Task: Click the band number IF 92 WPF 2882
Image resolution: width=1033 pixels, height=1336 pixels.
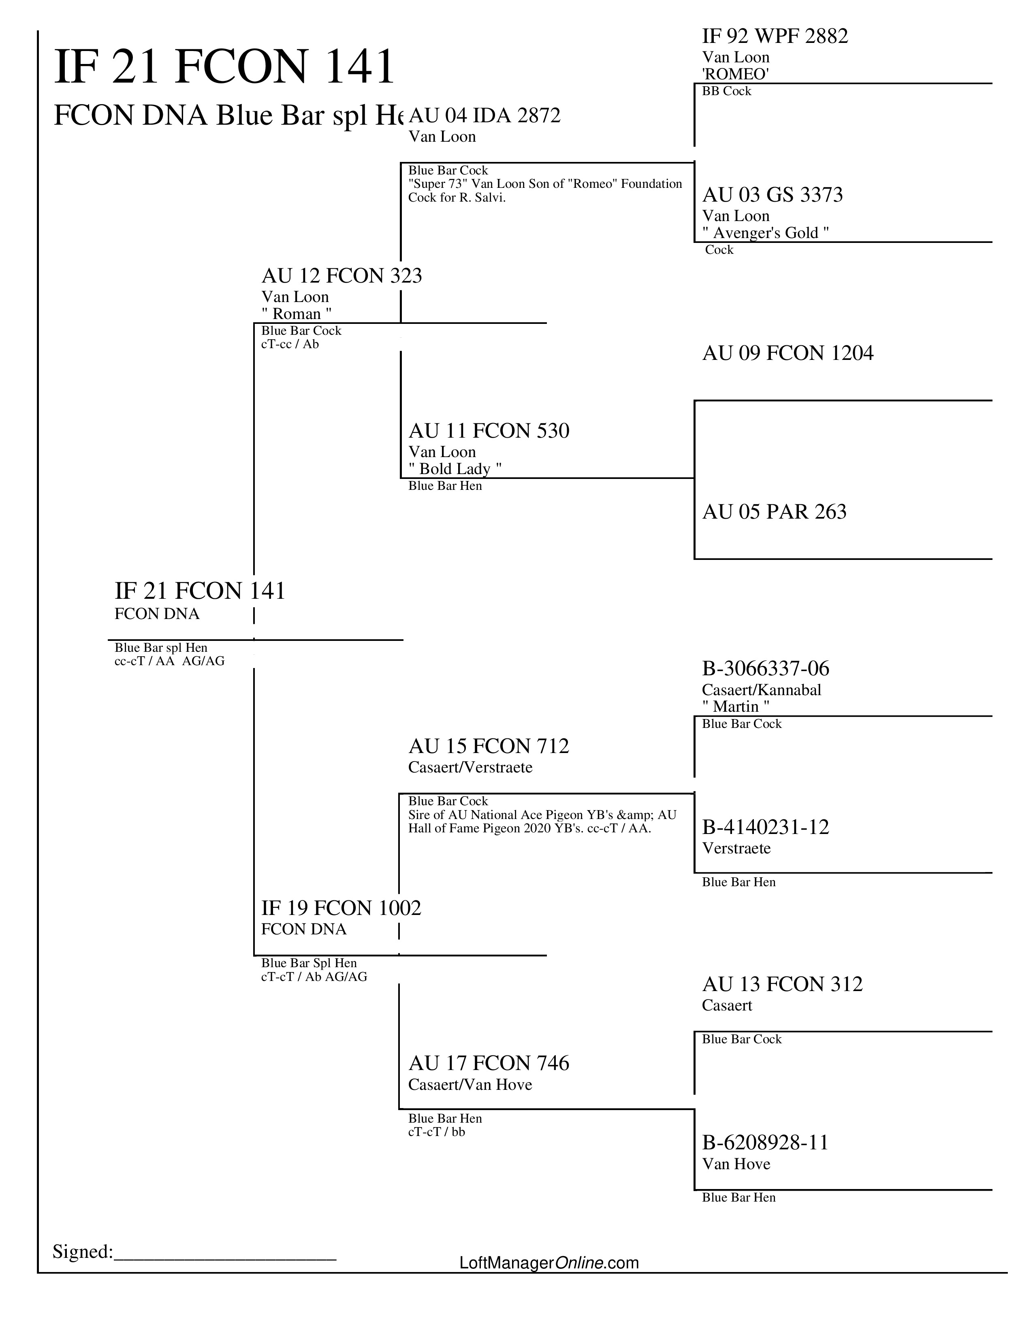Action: pyautogui.click(x=775, y=37)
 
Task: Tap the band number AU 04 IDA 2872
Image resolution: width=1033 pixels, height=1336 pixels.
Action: pyautogui.click(x=484, y=116)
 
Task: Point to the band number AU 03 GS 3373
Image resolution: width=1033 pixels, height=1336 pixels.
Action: pyautogui.click(x=772, y=195)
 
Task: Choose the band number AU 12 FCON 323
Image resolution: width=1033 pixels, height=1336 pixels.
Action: pyautogui.click(x=341, y=276)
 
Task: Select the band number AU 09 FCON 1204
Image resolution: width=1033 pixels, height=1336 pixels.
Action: pyautogui.click(x=788, y=353)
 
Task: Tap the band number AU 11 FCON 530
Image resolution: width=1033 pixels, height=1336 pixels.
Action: pyautogui.click(x=489, y=431)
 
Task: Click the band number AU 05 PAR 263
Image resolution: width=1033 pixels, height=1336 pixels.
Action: pyautogui.click(x=774, y=512)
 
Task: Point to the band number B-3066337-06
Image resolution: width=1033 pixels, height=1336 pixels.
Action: pyautogui.click(x=766, y=669)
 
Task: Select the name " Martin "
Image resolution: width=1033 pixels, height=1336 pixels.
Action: pyautogui.click(x=736, y=706)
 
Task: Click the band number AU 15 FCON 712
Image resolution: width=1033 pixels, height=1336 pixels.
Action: pyautogui.click(x=489, y=746)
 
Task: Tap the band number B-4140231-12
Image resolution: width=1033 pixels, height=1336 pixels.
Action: pyautogui.click(x=766, y=828)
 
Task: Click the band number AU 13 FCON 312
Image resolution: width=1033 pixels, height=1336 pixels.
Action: pyautogui.click(x=782, y=984)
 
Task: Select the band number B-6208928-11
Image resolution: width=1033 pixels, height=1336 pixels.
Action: pyautogui.click(x=765, y=1143)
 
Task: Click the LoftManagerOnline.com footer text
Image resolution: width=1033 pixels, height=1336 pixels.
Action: pyautogui.click(x=549, y=1263)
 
